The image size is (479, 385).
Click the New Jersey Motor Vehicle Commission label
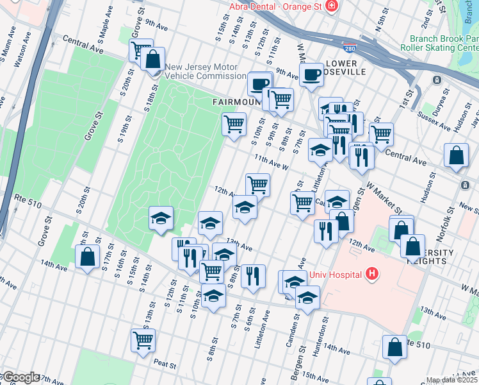[201, 71]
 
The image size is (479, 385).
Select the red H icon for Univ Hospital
[372, 275]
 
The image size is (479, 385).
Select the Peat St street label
[165, 364]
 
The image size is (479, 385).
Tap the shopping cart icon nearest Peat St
[143, 339]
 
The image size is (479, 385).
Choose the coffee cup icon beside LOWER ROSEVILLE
[311, 74]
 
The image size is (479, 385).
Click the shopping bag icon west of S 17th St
[86, 258]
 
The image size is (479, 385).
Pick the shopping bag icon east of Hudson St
[455, 156]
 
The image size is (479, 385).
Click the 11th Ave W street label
[272, 160]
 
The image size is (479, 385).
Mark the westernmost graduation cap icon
[161, 218]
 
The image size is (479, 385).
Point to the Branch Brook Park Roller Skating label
[439, 43]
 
